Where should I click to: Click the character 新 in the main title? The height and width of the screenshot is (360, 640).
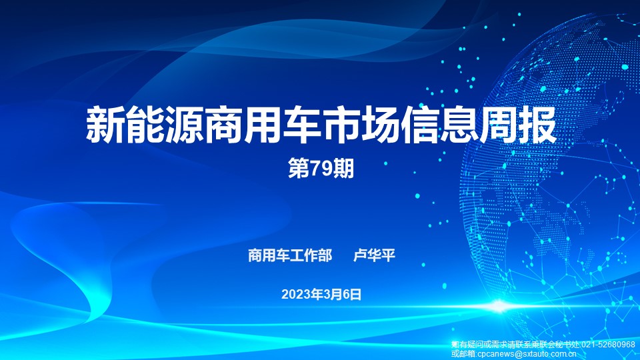click(x=105, y=125)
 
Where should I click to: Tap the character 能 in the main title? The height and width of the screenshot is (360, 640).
click(x=145, y=125)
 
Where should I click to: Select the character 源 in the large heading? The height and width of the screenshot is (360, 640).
click(x=184, y=125)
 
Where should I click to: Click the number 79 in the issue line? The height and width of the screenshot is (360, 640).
click(x=321, y=169)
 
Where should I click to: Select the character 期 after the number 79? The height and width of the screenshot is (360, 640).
click(x=344, y=169)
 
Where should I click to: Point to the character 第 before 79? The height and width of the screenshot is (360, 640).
click(x=299, y=169)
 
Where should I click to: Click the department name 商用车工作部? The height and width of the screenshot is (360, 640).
click(x=290, y=255)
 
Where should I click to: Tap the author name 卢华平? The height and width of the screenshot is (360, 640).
click(x=374, y=255)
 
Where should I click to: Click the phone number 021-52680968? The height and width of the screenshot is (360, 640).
click(x=608, y=345)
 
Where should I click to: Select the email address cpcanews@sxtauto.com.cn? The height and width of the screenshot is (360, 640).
click(x=527, y=354)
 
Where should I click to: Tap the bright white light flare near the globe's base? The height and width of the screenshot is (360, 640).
click(x=499, y=306)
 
